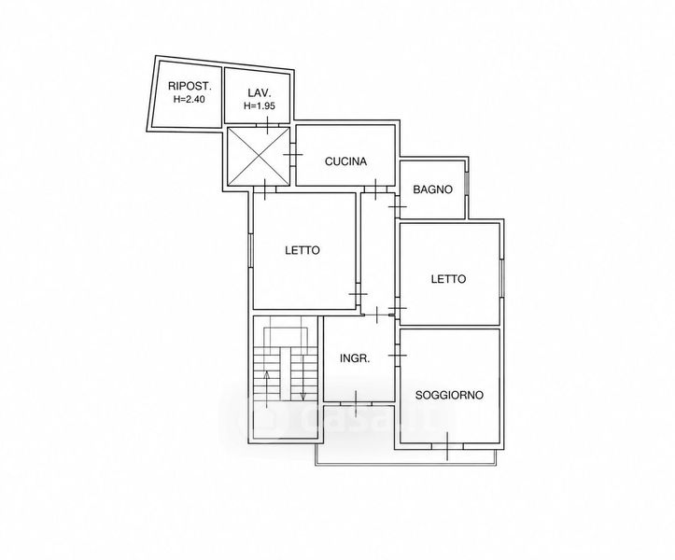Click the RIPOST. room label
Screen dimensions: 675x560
click(x=190, y=85)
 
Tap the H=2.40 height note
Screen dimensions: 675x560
click(x=190, y=100)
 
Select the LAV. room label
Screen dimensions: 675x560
click(x=260, y=92)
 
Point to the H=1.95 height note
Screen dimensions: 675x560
click(x=260, y=105)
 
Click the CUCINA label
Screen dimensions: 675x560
click(x=345, y=161)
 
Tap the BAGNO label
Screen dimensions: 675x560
click(x=432, y=189)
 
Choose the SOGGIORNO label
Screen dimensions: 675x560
click(x=449, y=395)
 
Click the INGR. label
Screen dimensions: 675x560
click(x=355, y=358)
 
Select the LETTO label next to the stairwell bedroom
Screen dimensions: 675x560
click(x=302, y=250)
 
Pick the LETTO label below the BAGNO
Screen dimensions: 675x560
click(x=448, y=279)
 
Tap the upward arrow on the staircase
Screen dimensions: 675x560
click(x=267, y=389)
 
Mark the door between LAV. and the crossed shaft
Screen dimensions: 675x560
click(x=268, y=125)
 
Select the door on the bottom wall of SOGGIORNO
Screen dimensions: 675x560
click(x=447, y=446)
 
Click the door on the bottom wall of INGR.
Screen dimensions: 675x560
click(x=356, y=404)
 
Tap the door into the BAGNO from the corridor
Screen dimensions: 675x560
click(x=398, y=206)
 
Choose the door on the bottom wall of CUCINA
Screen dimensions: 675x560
click(x=376, y=189)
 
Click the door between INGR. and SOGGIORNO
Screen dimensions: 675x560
click(x=398, y=355)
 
